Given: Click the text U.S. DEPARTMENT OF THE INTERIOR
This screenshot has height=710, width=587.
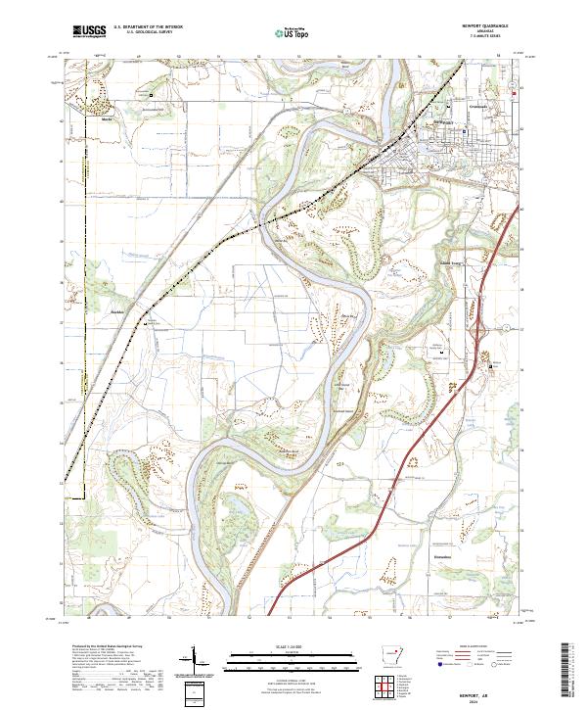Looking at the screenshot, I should (x=148, y=27).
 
